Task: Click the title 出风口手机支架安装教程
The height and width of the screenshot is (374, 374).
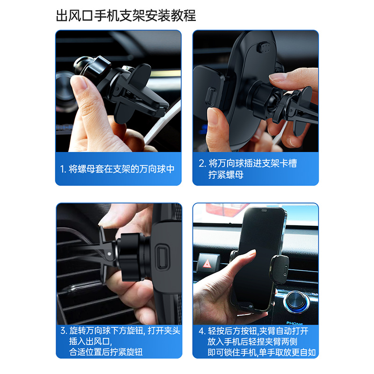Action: click(125, 16)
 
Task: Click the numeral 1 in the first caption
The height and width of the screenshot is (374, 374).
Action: click(62, 169)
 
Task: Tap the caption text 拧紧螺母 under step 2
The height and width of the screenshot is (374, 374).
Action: click(226, 175)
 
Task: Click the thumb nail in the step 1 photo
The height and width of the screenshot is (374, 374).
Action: click(78, 85)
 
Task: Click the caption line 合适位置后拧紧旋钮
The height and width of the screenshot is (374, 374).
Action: click(106, 352)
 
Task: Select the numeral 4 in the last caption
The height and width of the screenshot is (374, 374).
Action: click(201, 331)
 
